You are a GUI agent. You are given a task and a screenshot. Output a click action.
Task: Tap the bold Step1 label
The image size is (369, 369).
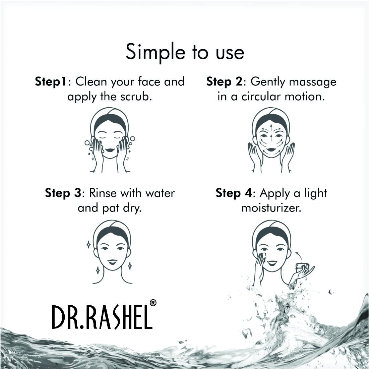coord(51,82)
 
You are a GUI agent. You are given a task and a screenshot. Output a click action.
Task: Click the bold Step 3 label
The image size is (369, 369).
coord(63,193)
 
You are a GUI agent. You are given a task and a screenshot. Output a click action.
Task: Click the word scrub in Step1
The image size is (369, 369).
coord(136,97)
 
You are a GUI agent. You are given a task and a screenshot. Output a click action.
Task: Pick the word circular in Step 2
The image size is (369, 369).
coord(254,97)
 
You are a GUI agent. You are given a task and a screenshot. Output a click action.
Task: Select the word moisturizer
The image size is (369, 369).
coord(271,208)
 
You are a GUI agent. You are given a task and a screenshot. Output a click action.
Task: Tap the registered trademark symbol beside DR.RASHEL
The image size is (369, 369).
coord(153,303)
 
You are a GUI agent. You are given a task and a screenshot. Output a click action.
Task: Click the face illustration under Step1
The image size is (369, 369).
coord(110,141)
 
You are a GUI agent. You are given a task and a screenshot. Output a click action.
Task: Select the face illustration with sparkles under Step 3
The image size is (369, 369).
coord(112,251)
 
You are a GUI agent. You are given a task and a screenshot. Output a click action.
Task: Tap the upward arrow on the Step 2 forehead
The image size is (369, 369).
coord(271,127)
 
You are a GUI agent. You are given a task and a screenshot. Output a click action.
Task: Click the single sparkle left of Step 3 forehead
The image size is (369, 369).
coord(88,244)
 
